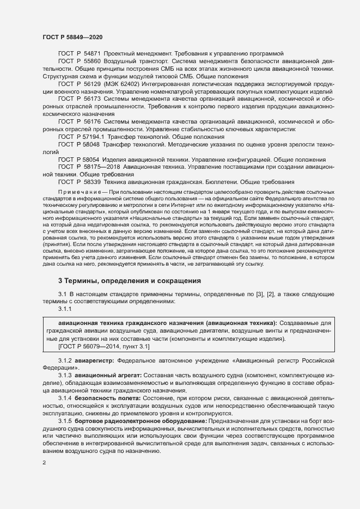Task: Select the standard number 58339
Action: coord(90,181)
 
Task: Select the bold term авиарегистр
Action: coord(94,360)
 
